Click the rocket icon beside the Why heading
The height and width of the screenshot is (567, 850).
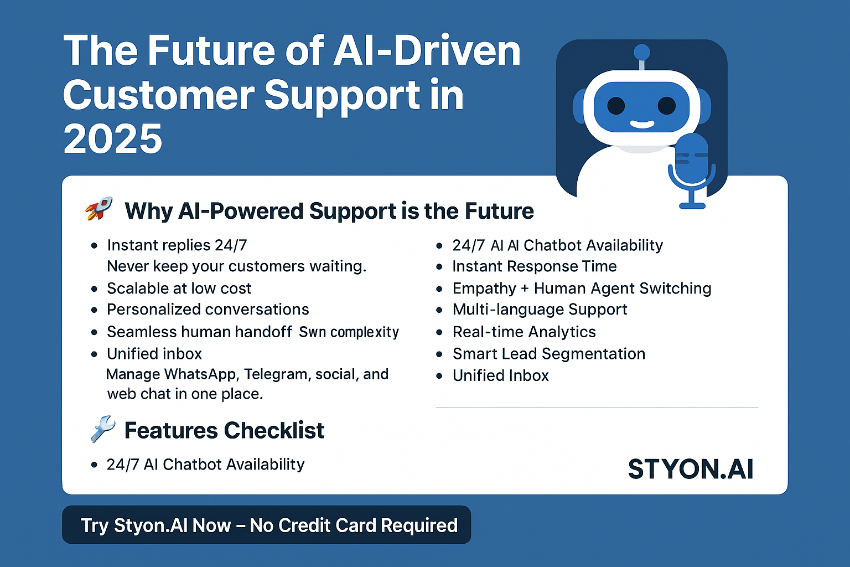99,209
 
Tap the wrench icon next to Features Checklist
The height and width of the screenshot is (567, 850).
102,429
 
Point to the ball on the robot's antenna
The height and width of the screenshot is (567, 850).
642,52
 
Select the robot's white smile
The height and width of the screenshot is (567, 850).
642,124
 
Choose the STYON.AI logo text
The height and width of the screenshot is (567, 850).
691,469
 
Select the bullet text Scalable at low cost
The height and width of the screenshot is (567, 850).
179,288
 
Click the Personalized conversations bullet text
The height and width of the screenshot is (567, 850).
208,310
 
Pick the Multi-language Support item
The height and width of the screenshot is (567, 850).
540,310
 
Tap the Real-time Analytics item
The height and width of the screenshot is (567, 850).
524,332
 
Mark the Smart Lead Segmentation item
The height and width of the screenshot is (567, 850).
548,354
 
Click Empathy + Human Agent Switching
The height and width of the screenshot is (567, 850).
582,288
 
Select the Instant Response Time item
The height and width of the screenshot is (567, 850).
534,266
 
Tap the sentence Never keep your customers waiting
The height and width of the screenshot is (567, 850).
236,266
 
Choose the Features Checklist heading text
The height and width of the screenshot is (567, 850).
224,430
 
